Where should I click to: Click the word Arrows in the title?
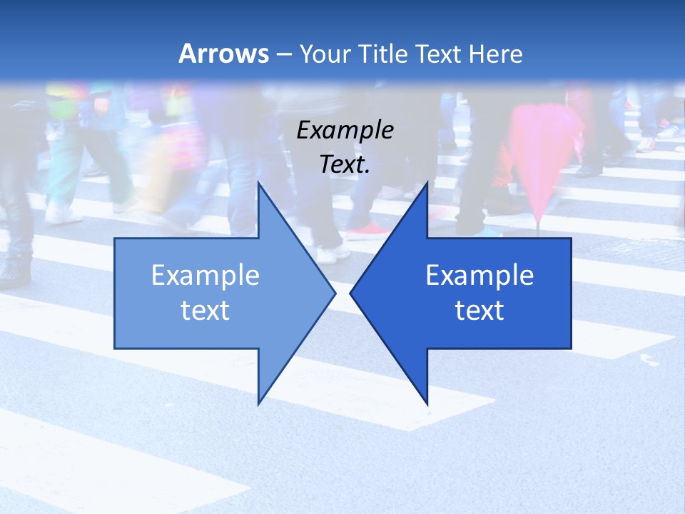[223, 54]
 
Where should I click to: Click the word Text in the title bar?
[441, 54]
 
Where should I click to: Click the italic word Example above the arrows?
[345, 131]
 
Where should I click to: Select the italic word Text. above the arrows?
[345, 164]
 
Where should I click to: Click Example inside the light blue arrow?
[205, 276]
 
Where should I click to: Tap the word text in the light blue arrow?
[205, 311]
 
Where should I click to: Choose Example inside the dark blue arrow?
[479, 276]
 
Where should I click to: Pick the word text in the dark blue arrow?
[479, 311]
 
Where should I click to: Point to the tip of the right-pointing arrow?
[335, 293]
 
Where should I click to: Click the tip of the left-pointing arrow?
[350, 293]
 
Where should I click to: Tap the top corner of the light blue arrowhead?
[258, 183]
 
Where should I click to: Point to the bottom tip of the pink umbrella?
[537, 221]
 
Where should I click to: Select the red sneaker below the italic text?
[369, 230]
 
